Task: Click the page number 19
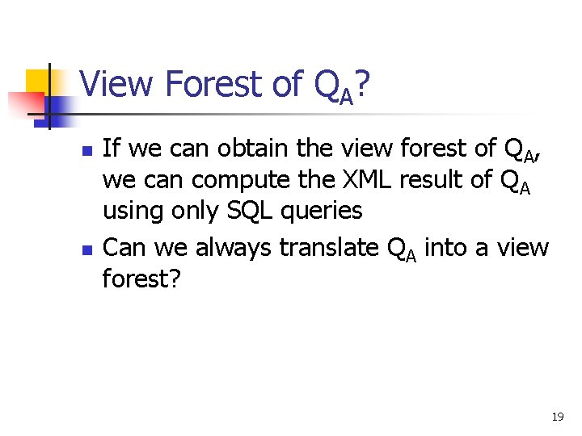(x=557, y=417)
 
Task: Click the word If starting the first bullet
(x=112, y=149)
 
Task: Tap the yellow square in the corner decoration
(x=38, y=81)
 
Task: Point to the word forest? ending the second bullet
(x=142, y=279)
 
